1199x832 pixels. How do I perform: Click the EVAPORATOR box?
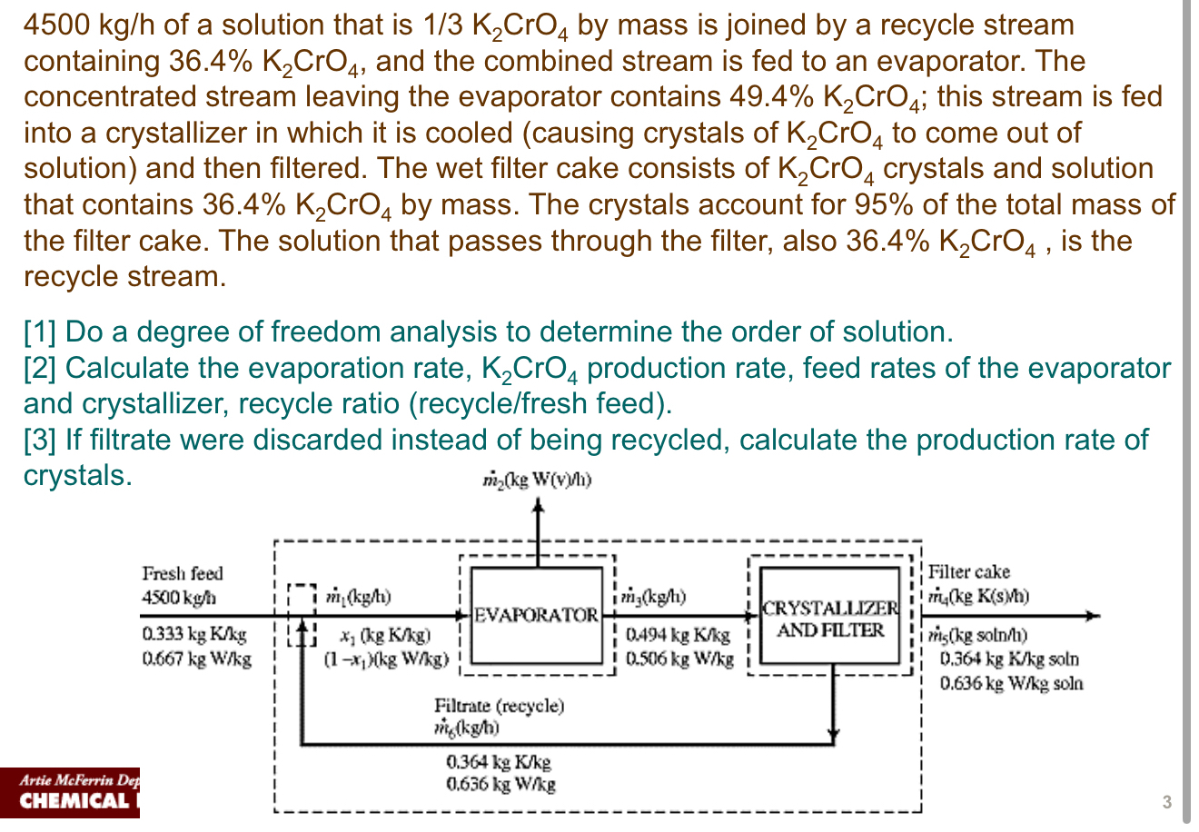pos(537,614)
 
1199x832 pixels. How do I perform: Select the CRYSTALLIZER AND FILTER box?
pos(830,618)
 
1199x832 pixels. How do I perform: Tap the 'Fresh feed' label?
pos(182,573)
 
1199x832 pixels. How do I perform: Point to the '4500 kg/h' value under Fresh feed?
pos(179,599)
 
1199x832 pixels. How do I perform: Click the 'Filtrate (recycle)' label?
pos(499,706)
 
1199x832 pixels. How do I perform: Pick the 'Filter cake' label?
pos(968,572)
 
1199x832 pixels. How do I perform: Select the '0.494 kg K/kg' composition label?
pos(678,636)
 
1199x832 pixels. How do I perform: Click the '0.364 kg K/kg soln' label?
pos(1009,659)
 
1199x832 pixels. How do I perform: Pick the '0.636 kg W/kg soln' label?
pos(1011,683)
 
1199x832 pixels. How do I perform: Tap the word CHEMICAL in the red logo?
pos(74,801)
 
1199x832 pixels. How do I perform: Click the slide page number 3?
pos(1166,802)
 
